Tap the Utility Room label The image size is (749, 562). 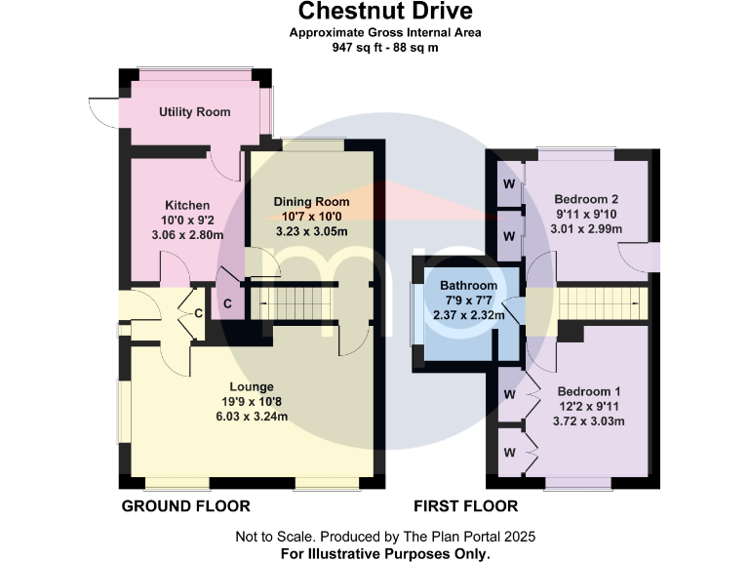point(195,112)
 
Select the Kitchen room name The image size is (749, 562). point(187,205)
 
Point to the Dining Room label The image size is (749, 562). point(311,202)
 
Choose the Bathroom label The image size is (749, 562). point(468,286)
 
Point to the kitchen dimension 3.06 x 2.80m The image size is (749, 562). point(187,234)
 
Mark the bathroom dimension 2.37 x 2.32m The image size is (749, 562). point(468,315)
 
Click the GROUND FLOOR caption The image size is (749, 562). point(185,506)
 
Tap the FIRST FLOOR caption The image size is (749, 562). point(466,506)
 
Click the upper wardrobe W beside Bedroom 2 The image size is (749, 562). point(509,184)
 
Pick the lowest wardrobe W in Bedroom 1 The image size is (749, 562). point(509,453)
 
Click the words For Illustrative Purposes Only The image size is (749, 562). point(385,553)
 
